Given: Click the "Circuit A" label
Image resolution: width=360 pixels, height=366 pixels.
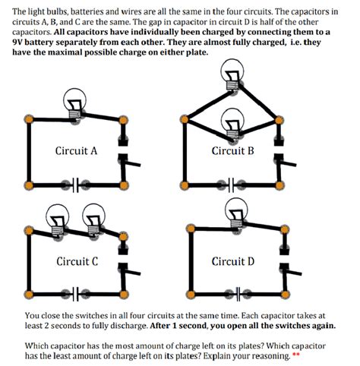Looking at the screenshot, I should (x=76, y=150).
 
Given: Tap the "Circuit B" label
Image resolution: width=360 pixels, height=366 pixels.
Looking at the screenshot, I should (x=232, y=150).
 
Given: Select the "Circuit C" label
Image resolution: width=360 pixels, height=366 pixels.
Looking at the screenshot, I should (x=76, y=262).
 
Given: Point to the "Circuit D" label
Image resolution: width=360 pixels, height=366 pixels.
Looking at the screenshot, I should (x=232, y=262).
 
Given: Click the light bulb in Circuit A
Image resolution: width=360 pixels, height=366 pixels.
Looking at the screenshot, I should (x=74, y=104).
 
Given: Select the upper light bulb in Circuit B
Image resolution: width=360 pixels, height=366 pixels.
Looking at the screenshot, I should (x=232, y=75).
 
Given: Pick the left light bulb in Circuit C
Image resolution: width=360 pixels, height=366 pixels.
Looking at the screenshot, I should (x=58, y=219).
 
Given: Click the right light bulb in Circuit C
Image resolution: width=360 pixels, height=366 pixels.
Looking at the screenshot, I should (x=94, y=220).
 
